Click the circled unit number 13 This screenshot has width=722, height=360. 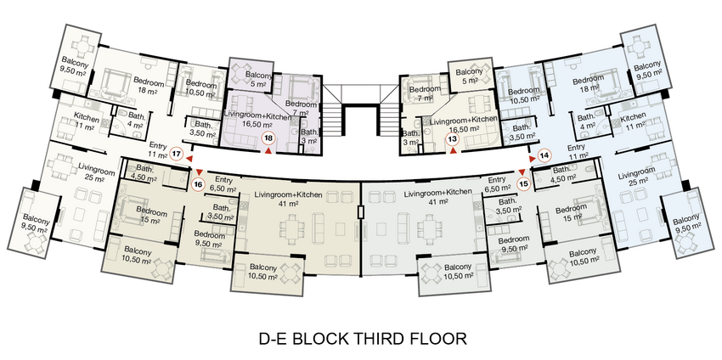(453, 138)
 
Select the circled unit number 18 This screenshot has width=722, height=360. (268, 138)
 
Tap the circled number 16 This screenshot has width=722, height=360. (198, 184)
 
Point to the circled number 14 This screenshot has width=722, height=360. (545, 155)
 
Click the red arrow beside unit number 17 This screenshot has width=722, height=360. (189, 159)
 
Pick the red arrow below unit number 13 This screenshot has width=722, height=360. (453, 150)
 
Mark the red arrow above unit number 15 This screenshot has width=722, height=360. (522, 172)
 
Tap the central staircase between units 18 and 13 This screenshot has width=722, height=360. (361, 110)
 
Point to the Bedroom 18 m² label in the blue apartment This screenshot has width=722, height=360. (588, 85)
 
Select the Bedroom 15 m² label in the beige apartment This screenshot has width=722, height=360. (151, 217)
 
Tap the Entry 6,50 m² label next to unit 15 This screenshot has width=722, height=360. (497, 183)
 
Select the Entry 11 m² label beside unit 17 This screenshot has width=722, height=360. (157, 150)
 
